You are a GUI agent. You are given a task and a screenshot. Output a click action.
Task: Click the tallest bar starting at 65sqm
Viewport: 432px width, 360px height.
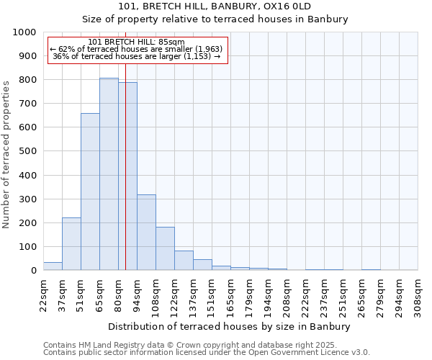point(109,174)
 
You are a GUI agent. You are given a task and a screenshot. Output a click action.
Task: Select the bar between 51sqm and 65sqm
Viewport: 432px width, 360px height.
point(90,192)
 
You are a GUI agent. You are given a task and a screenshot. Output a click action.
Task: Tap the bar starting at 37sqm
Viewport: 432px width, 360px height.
point(71,244)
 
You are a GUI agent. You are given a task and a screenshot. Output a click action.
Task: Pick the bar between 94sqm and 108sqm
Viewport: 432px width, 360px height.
point(146,233)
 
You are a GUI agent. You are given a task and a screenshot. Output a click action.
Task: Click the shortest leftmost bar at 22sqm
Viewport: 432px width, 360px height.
point(53,266)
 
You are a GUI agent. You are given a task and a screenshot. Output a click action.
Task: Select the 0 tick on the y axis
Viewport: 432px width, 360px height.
point(33,271)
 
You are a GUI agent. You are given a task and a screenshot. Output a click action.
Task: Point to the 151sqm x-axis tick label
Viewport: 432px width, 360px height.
point(212,294)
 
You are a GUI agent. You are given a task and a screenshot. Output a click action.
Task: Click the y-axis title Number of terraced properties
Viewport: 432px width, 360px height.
point(6,154)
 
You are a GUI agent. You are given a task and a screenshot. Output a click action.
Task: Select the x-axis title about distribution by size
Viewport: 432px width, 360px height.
point(230,326)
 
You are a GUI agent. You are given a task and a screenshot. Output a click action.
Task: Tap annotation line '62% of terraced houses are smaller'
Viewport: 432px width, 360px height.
point(137,49)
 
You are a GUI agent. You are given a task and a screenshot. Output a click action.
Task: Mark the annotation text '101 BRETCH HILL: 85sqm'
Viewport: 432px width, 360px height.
point(137,42)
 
